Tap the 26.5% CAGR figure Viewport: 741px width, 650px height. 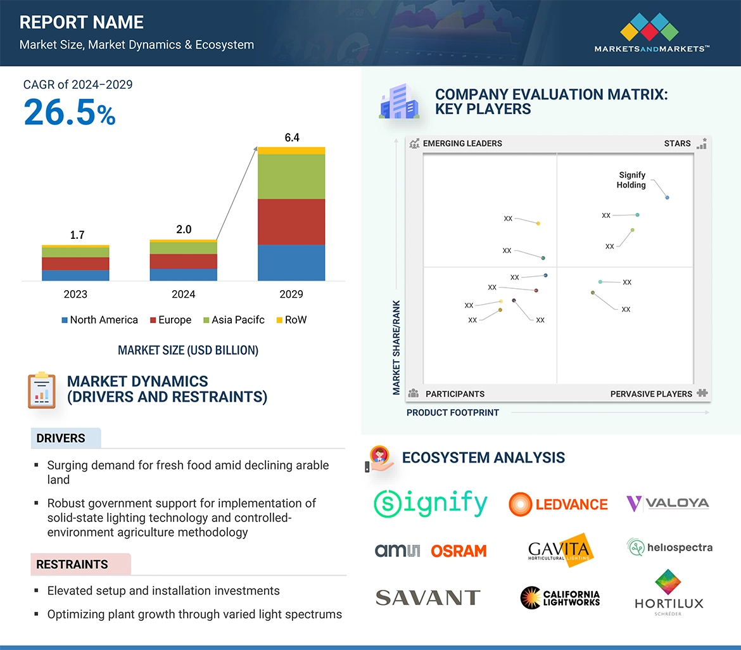coord(70,112)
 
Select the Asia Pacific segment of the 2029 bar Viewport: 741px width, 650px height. coord(291,177)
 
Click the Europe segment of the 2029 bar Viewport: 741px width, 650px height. coord(291,222)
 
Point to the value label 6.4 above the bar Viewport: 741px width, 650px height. coord(292,137)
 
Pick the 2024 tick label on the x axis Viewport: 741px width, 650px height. coord(184,294)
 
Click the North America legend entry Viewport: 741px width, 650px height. coord(99,320)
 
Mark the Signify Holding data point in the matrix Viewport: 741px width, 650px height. coord(668,198)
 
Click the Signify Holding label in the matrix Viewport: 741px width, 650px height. coord(631,180)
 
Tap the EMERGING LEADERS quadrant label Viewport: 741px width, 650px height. coord(462,143)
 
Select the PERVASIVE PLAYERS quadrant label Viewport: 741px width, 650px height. coord(651,394)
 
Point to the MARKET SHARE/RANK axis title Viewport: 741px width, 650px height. coord(396,347)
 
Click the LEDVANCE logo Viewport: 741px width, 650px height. coord(558,504)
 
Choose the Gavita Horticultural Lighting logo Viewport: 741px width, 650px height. coord(559,549)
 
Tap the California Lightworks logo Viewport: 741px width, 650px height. coord(560,597)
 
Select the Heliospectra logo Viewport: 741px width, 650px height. coord(670,547)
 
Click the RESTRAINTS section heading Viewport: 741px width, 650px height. coord(72,564)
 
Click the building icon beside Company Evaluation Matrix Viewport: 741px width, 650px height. coord(399,102)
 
